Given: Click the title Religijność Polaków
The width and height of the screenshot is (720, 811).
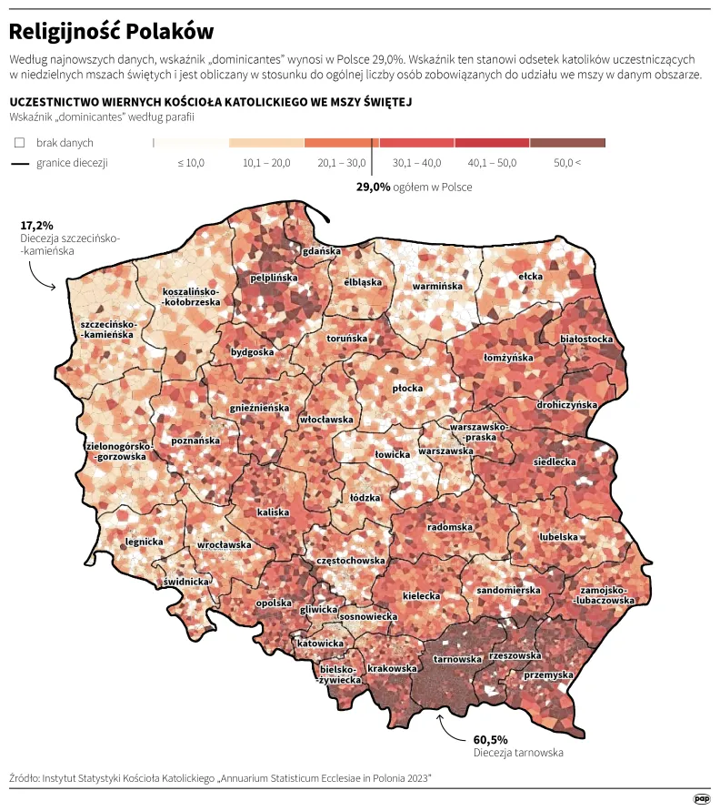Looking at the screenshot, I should (x=105, y=33).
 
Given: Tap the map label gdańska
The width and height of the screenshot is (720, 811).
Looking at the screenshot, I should (x=322, y=250).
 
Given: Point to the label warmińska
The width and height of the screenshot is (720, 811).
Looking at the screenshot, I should (x=438, y=286).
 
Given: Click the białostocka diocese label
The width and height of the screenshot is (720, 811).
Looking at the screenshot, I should (x=586, y=339).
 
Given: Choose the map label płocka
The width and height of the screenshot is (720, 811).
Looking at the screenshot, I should (x=407, y=388).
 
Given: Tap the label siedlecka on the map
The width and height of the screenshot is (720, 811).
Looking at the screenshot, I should (x=555, y=461).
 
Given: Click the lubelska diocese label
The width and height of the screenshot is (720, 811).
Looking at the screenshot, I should (x=558, y=537).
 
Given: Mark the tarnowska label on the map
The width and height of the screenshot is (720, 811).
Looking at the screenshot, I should (x=457, y=659).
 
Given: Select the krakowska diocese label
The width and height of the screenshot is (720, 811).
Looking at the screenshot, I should (x=394, y=668).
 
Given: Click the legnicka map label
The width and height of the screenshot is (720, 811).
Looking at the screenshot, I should (x=144, y=542).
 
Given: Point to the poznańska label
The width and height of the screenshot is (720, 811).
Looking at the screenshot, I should (x=195, y=441).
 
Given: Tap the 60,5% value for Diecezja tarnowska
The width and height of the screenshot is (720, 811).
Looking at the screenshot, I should (x=491, y=739).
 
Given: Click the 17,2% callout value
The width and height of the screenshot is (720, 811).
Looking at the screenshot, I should (x=37, y=224).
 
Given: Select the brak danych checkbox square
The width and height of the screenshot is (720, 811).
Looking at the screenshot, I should (x=19, y=143).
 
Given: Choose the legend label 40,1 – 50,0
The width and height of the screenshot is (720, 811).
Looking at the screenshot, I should (x=492, y=162).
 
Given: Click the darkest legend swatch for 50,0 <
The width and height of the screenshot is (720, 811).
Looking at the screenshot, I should (x=567, y=143).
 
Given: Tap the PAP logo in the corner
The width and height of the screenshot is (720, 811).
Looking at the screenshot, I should (x=701, y=798).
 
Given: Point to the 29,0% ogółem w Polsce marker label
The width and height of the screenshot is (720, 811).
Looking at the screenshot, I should (x=414, y=187).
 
